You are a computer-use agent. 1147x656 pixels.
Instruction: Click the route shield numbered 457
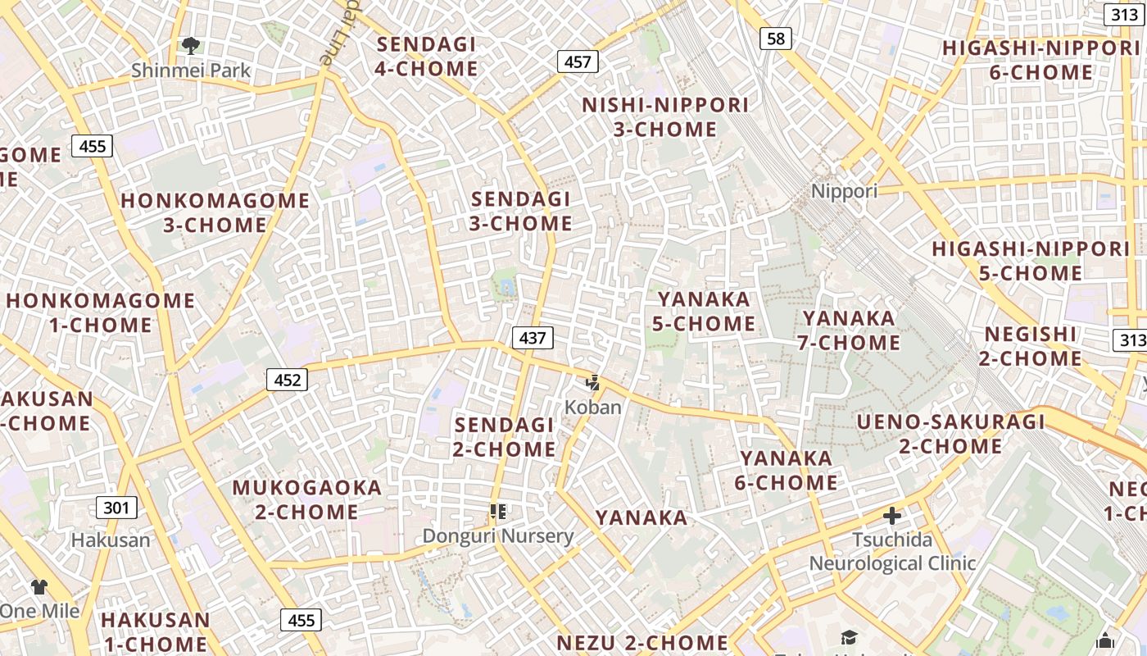[578, 61]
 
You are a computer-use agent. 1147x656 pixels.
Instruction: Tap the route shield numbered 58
[775, 38]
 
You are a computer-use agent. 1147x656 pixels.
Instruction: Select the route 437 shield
[533, 337]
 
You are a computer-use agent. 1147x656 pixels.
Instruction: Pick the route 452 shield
[287, 380]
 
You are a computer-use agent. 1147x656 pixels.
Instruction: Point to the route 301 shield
[116, 508]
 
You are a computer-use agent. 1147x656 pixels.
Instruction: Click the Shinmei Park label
[191, 71]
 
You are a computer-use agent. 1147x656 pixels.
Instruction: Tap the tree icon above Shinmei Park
[191, 45]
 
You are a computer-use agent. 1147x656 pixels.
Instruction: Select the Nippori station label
[844, 191]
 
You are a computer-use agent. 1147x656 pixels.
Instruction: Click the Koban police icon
[592, 382]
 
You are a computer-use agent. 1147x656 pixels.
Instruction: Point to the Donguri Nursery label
[497, 536]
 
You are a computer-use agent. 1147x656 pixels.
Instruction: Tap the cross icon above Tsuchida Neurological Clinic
[892, 516]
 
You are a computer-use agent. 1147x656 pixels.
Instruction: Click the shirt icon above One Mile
[39, 586]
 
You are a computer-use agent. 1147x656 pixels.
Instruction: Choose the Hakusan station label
[111, 540]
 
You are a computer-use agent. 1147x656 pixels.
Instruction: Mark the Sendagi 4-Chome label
[426, 57]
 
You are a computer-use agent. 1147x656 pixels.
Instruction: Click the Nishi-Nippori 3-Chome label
[665, 117]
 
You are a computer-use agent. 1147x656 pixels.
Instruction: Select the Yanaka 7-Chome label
[849, 330]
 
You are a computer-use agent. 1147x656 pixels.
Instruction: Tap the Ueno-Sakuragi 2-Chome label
[950, 434]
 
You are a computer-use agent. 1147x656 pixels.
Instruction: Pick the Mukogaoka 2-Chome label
[307, 499]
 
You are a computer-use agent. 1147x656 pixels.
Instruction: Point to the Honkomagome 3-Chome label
[215, 212]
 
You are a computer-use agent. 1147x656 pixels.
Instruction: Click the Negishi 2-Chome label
[1031, 346]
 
